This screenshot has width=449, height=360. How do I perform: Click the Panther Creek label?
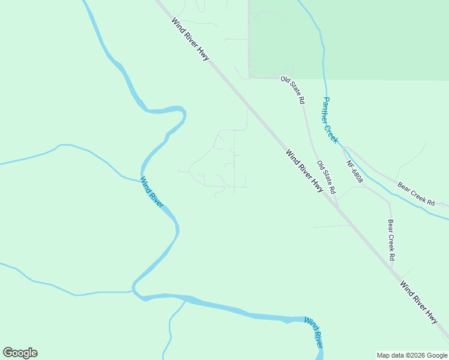tap(331, 119)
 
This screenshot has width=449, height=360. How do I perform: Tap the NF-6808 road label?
tap(355, 171)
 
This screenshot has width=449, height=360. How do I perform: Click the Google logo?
tap(20, 353)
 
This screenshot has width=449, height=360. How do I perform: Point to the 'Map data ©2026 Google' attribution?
tap(412, 355)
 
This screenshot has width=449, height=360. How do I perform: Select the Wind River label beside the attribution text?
tap(313, 332)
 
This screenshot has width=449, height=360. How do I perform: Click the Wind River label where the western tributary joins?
tap(151, 191)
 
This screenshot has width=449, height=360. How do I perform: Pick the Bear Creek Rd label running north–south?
tap(391, 239)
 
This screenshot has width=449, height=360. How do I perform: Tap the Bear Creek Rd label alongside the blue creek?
tap(414, 195)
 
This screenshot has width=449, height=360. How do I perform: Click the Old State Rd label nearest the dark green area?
tap(292, 90)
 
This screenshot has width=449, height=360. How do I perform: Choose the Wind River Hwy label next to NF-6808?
tap(304, 171)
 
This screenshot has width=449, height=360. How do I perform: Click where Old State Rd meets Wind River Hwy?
tap(338, 207)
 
